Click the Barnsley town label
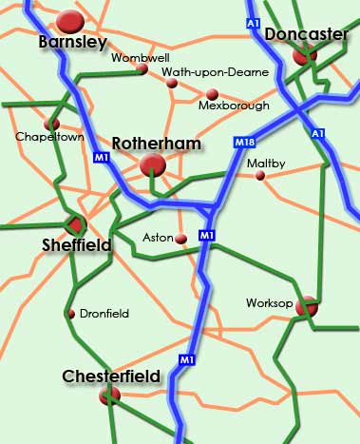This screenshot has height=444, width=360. (72, 42)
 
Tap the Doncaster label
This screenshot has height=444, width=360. (306, 35)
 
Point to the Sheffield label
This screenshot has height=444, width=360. (77, 245)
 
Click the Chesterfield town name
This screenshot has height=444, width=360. (110, 377)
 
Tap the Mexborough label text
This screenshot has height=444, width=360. (234, 106)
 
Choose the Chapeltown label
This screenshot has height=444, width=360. (49, 137)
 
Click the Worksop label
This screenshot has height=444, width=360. (266, 303)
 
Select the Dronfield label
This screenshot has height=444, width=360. (104, 313)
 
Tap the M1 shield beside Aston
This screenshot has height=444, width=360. (207, 234)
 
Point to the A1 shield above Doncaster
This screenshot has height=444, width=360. (252, 21)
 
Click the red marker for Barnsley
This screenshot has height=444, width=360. (70, 20)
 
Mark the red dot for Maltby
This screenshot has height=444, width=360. (260, 175)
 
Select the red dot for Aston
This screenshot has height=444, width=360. (180, 239)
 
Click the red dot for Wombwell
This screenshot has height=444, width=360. (142, 68)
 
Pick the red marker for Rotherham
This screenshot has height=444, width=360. (152, 166)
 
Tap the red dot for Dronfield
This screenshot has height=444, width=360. (70, 314)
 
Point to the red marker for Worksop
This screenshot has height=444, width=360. (306, 306)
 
